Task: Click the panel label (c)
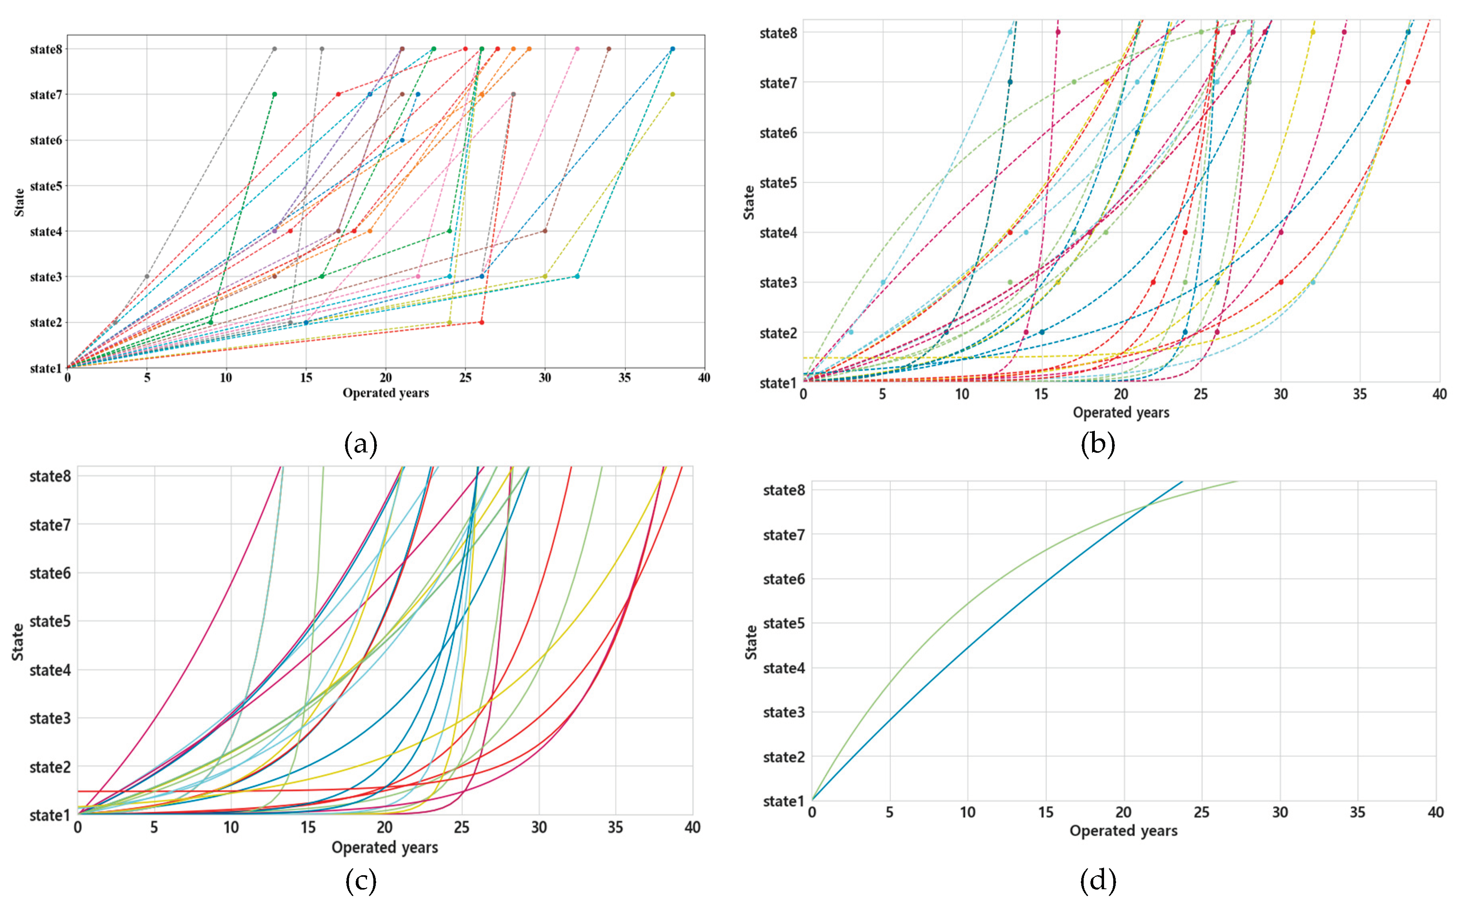(361, 881)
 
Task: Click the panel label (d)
(1098, 881)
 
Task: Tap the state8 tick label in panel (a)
(46, 49)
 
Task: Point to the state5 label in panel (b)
(778, 183)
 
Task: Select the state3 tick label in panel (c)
(50, 718)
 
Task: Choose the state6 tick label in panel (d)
(783, 579)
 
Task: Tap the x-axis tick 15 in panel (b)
(1041, 394)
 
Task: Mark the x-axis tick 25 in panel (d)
(1201, 812)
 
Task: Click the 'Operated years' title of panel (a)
(385, 393)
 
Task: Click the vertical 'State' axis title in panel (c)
(18, 642)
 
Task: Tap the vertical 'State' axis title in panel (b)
(749, 202)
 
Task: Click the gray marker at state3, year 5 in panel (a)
(147, 277)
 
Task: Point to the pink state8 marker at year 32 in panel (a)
(577, 49)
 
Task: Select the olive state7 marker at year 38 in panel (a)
(673, 94)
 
